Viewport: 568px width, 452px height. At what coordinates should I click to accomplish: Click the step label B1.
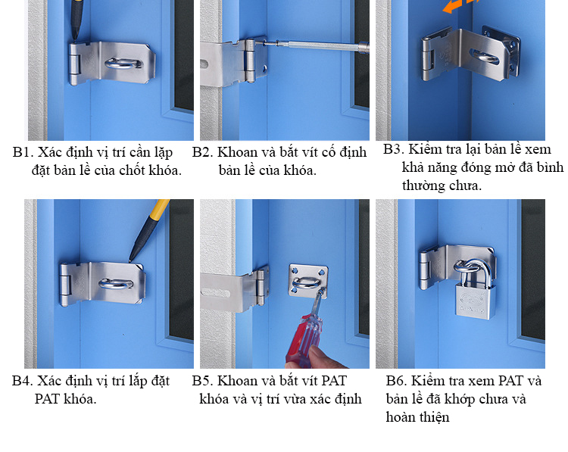(x=23, y=152)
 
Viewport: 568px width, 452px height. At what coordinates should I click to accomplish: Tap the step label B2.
(x=202, y=152)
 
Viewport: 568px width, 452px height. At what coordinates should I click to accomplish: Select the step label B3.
(x=394, y=149)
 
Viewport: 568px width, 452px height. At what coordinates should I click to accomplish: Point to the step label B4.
(x=23, y=381)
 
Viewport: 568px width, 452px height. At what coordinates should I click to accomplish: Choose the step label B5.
(x=202, y=381)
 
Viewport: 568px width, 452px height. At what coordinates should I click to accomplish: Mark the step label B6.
(x=396, y=381)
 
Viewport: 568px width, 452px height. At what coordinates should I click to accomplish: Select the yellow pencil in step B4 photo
(x=150, y=229)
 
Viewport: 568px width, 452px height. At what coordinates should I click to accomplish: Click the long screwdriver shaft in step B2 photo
(x=315, y=45)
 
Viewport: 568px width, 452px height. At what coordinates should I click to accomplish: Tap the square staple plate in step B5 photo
(x=308, y=282)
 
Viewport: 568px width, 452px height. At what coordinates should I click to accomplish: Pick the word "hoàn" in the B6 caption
(x=401, y=417)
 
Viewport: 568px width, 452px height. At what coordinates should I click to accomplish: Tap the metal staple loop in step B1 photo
(x=123, y=63)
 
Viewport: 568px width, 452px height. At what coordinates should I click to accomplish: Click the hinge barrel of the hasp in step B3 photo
(x=428, y=60)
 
